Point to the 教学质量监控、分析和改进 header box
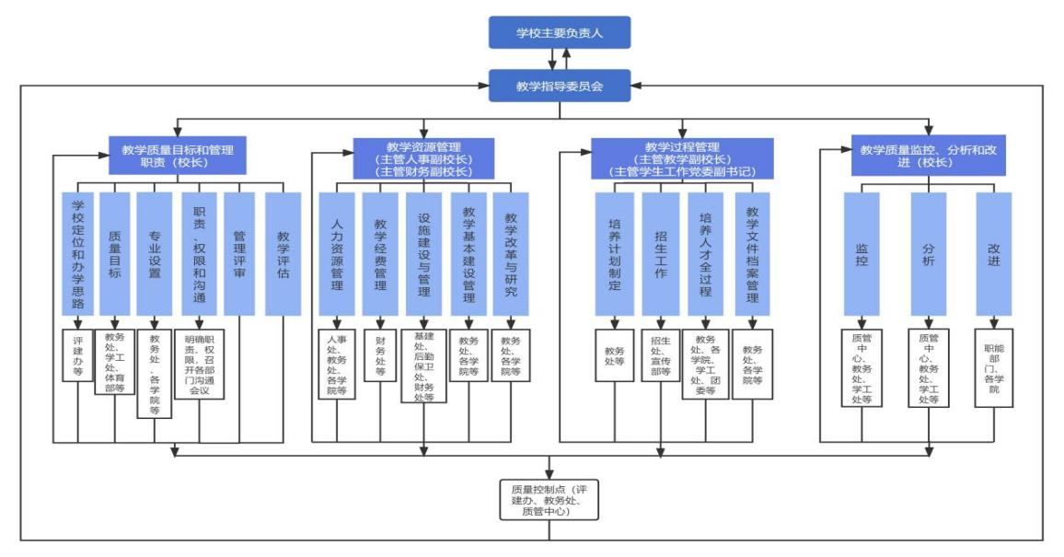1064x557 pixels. click(x=929, y=156)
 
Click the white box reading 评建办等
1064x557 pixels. click(x=78, y=354)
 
